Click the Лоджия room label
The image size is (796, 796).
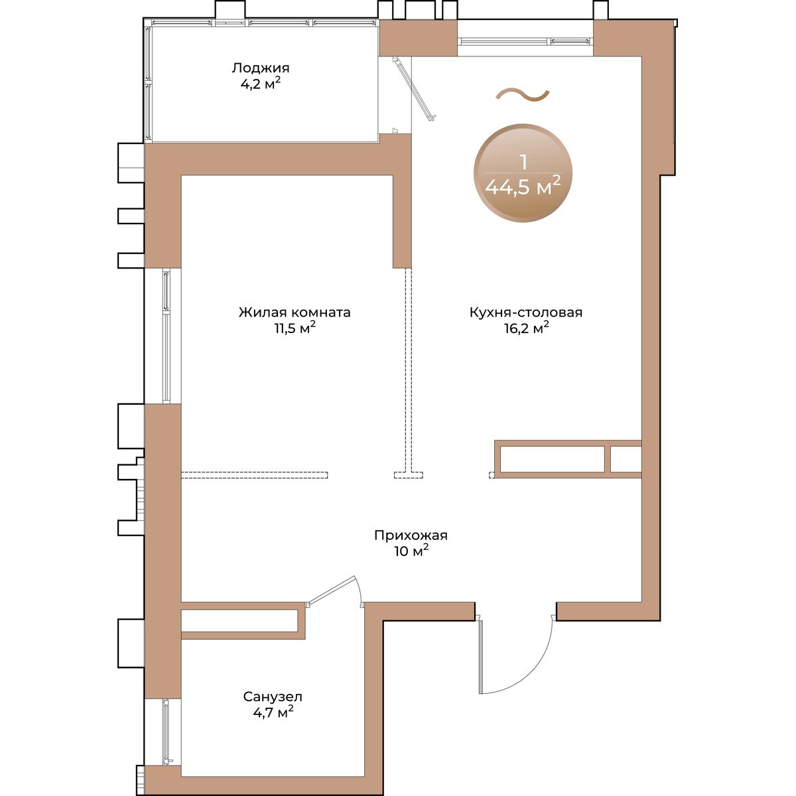click(260, 68)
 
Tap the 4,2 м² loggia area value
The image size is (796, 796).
click(260, 84)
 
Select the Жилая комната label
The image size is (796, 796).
click(295, 312)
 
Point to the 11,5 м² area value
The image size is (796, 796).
click(295, 328)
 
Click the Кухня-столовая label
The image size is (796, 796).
click(526, 312)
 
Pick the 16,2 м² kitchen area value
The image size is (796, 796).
click(526, 328)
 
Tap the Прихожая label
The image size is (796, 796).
click(411, 535)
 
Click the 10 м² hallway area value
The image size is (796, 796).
click(411, 551)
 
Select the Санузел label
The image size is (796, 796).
click(273, 697)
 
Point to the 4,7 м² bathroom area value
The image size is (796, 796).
click(273, 712)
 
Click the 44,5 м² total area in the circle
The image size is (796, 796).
click(523, 187)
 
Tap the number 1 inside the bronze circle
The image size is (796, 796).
click(524, 163)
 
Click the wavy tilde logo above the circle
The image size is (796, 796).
click(523, 96)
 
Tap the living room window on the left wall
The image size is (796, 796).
click(166, 336)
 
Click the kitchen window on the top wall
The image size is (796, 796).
click(525, 41)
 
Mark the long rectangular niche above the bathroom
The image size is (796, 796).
click(239, 620)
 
